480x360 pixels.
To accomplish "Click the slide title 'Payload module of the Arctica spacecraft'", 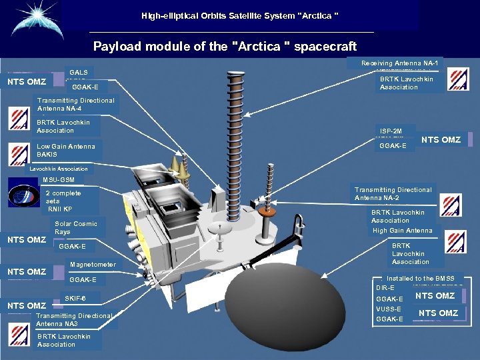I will tap(225, 47).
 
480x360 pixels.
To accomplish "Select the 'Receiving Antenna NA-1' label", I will tap(399, 63).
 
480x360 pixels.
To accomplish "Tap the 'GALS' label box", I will tap(79, 72).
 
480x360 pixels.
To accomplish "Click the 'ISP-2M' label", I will tap(391, 131).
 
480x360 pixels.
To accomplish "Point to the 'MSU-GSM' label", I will tap(58, 180).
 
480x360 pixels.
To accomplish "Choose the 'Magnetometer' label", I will tap(93, 265).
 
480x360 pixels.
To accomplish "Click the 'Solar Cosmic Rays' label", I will tap(76, 228).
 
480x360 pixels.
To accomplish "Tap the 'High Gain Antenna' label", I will tap(403, 231).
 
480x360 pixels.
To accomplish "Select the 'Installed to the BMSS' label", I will tap(420, 279).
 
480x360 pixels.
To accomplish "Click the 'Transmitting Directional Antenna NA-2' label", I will tap(393, 193).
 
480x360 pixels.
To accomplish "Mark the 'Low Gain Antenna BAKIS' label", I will tap(66, 150).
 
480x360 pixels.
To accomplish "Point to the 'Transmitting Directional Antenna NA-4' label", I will tap(76, 105).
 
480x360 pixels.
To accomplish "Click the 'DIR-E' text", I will tap(385, 288).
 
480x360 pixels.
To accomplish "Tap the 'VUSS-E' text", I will tap(389, 309).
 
